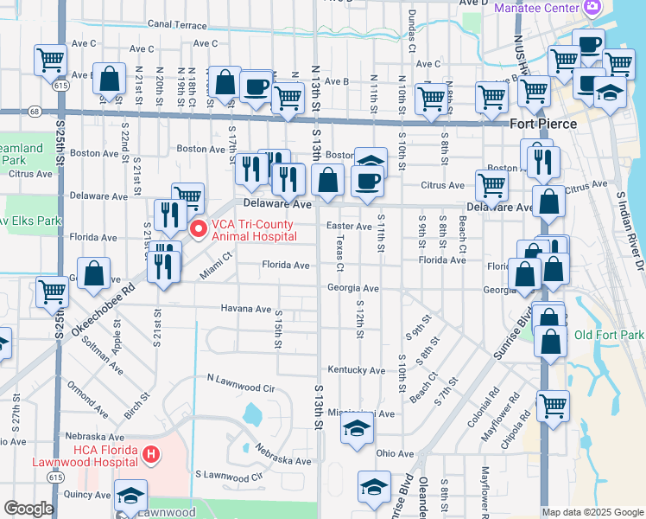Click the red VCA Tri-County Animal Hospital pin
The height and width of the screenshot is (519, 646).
pos(198,229)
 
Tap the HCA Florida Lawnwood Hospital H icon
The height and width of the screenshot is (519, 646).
pos(151,453)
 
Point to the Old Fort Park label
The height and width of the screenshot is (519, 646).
pos(609,335)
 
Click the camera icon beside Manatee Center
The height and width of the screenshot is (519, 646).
pos(592,8)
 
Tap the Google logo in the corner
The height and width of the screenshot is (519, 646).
pos(28,509)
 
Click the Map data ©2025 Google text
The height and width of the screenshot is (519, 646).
pos(592,512)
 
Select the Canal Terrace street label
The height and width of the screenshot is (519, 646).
pos(177,25)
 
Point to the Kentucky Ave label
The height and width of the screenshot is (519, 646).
pos(356,370)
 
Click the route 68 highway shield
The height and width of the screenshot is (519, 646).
pos(33,112)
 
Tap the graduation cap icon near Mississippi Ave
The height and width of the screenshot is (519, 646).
pos(356,429)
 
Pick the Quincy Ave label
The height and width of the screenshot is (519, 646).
pos(86,495)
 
